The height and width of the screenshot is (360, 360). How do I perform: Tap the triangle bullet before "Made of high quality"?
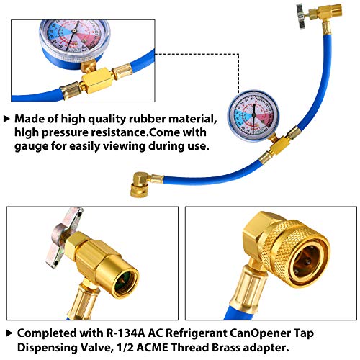click(6, 118)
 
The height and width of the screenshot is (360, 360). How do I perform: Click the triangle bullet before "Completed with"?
click(6, 333)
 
